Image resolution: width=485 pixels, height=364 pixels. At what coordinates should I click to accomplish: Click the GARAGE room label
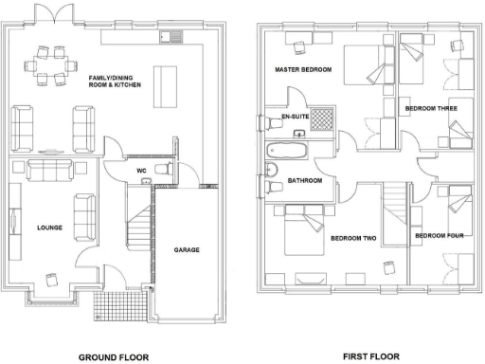click(185, 250)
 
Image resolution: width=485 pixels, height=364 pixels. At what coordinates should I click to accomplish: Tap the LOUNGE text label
click(49, 228)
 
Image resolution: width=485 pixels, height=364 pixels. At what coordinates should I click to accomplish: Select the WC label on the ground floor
click(141, 172)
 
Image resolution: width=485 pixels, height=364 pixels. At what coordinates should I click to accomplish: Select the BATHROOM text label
click(306, 180)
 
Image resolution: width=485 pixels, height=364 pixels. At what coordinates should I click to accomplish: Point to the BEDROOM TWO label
click(354, 239)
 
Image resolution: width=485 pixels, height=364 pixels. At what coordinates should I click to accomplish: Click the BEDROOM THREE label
click(431, 109)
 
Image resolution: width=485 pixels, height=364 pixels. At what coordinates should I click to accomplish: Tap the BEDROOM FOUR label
click(439, 235)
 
